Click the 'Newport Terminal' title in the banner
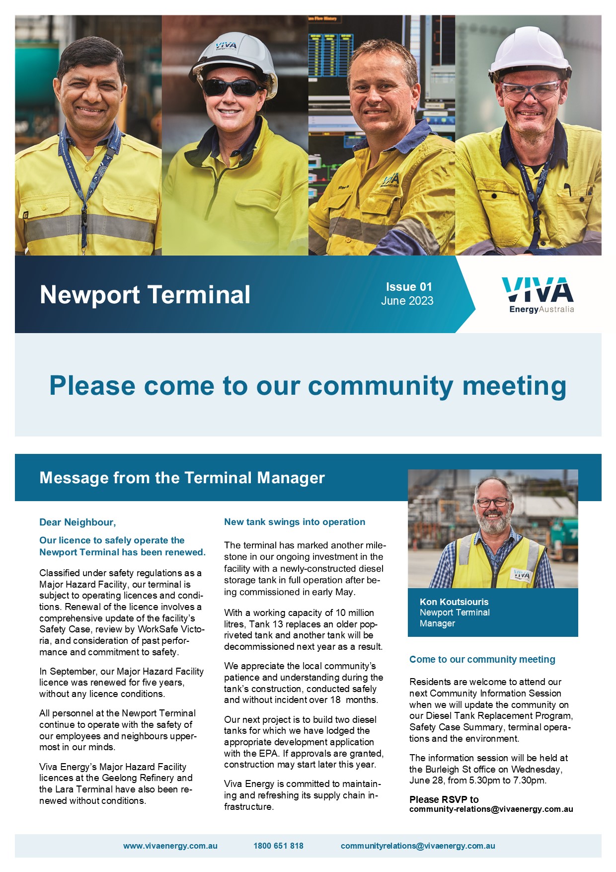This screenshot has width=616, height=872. click(145, 294)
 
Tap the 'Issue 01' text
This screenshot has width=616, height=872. click(409, 287)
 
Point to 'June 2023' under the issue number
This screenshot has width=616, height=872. click(407, 301)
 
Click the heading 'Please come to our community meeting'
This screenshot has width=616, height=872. click(308, 386)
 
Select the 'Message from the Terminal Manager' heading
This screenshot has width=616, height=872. click(182, 478)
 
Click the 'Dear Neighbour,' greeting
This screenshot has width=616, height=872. click(77, 522)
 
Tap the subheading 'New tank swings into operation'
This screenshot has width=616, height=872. click(295, 522)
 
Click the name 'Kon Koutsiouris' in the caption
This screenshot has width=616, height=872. click(454, 602)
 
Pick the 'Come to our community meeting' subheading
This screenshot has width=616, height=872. click(482, 659)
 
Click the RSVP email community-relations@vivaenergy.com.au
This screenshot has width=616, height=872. click(491, 809)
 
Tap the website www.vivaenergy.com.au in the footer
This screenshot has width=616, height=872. click(170, 846)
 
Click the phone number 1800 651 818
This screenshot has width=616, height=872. click(278, 846)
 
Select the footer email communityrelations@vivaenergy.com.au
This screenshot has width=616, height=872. click(418, 846)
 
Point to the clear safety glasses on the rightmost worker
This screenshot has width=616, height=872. click(530, 91)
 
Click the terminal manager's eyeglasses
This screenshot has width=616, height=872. click(492, 502)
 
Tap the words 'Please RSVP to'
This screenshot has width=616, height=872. click(444, 799)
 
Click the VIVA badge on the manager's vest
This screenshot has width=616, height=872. click(522, 575)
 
